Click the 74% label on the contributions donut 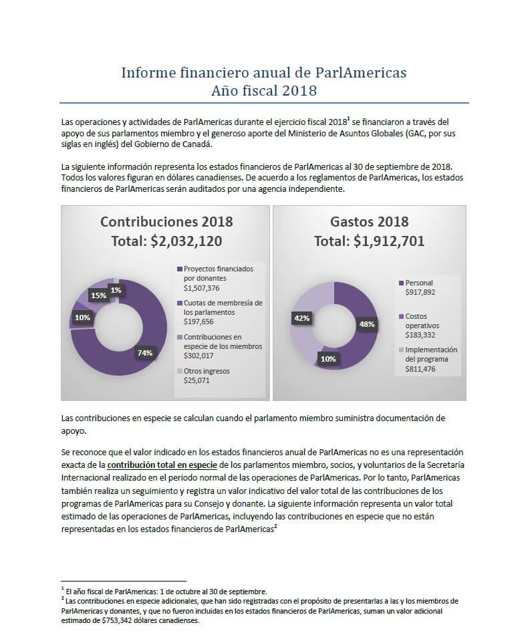coord(145,353)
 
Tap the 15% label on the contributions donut coord(98,295)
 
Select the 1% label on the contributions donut coord(116,290)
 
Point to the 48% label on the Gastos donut coord(367,324)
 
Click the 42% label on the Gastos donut coord(301,318)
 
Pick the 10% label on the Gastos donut coord(328,359)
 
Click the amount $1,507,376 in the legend coord(201,288)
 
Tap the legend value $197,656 coord(199,322)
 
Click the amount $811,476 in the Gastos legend coord(420,369)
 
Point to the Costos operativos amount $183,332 coord(420,335)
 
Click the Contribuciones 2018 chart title coord(166,222)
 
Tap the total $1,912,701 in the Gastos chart coord(390,241)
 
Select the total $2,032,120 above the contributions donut coord(186,241)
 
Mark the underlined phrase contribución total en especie coord(162,465)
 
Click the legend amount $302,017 coord(199,356)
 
